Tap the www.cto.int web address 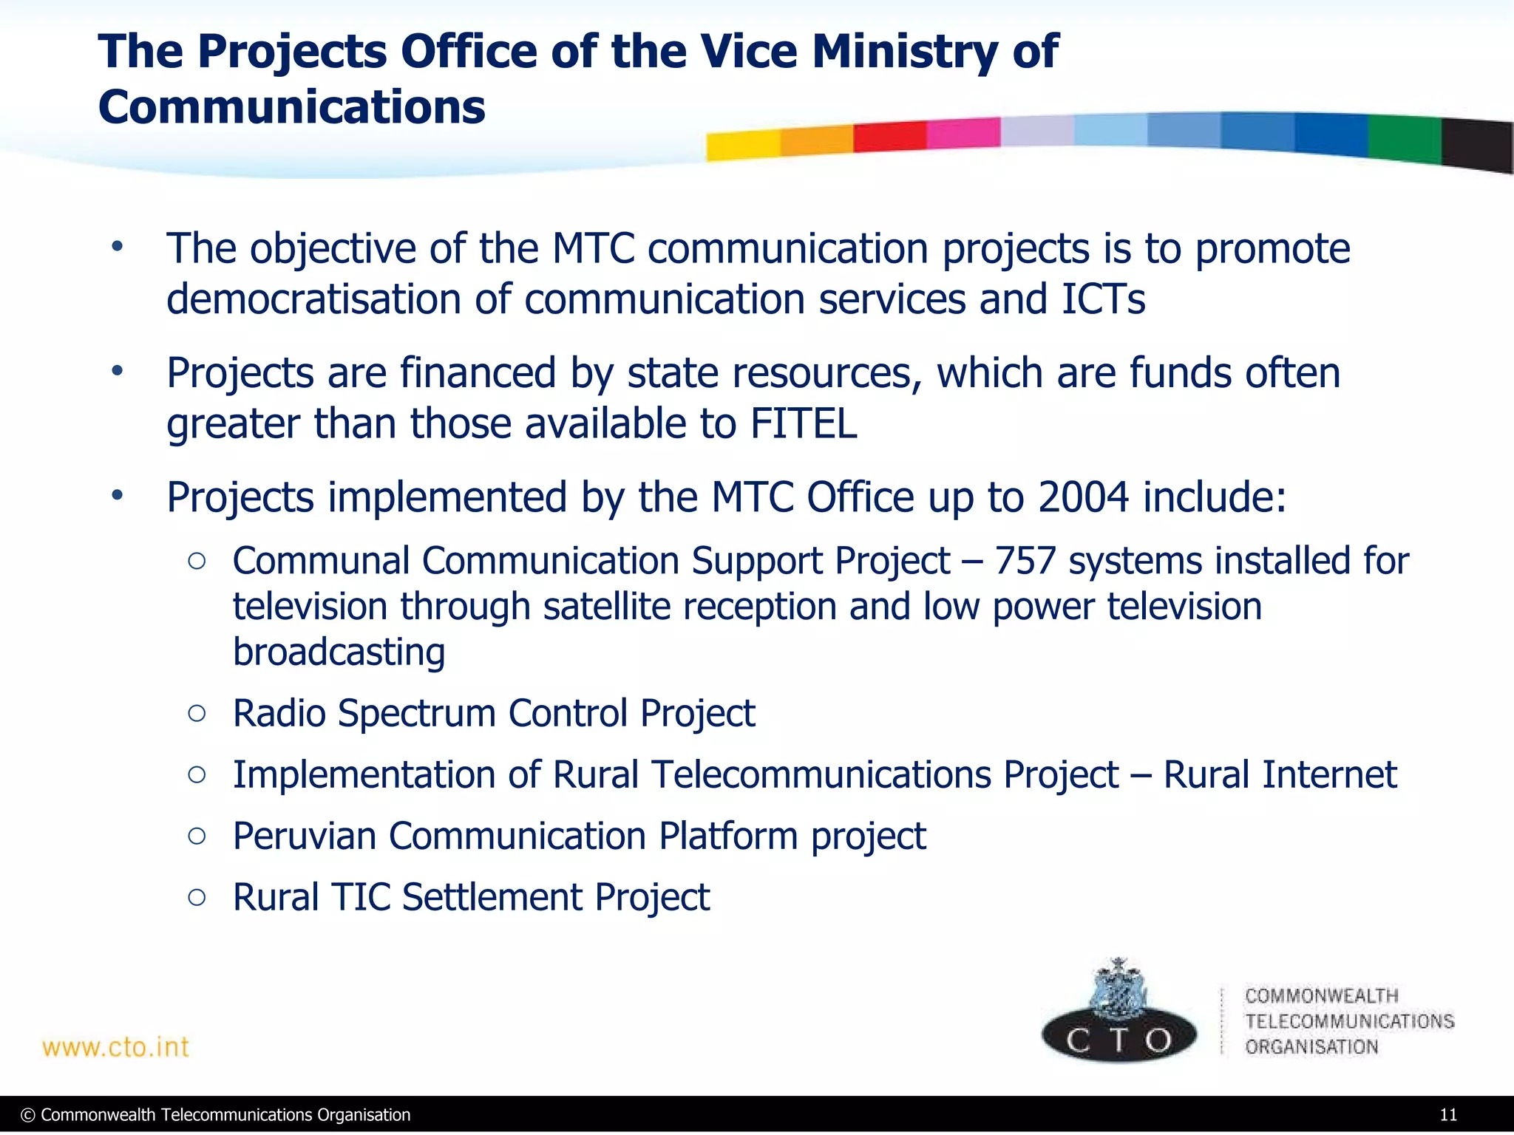point(116,1047)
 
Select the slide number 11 point(1448,1115)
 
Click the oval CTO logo point(1118,1037)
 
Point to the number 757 point(1025,560)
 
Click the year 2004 point(1083,497)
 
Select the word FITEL point(804,423)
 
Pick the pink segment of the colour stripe point(963,133)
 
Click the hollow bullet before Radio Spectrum point(197,713)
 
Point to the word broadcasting point(339,652)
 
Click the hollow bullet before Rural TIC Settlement point(197,897)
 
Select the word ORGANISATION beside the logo point(1311,1046)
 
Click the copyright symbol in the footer point(28,1115)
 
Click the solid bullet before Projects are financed point(117,372)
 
